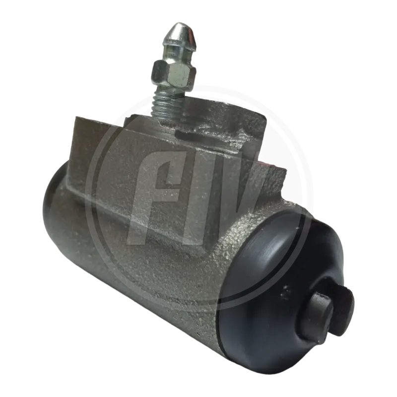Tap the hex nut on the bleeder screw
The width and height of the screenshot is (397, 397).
(x=174, y=74)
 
